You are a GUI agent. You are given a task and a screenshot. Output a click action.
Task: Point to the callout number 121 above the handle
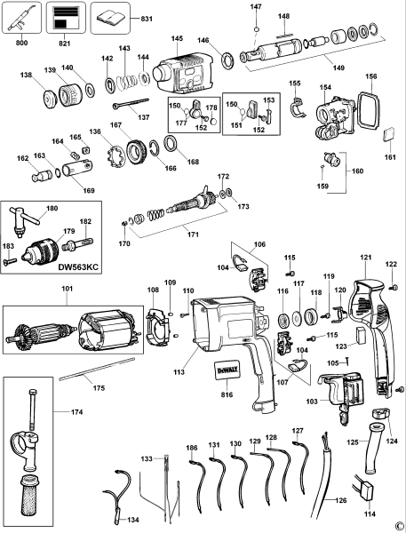[x=364, y=258]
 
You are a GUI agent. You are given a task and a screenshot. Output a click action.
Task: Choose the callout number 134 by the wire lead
[x=133, y=520]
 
